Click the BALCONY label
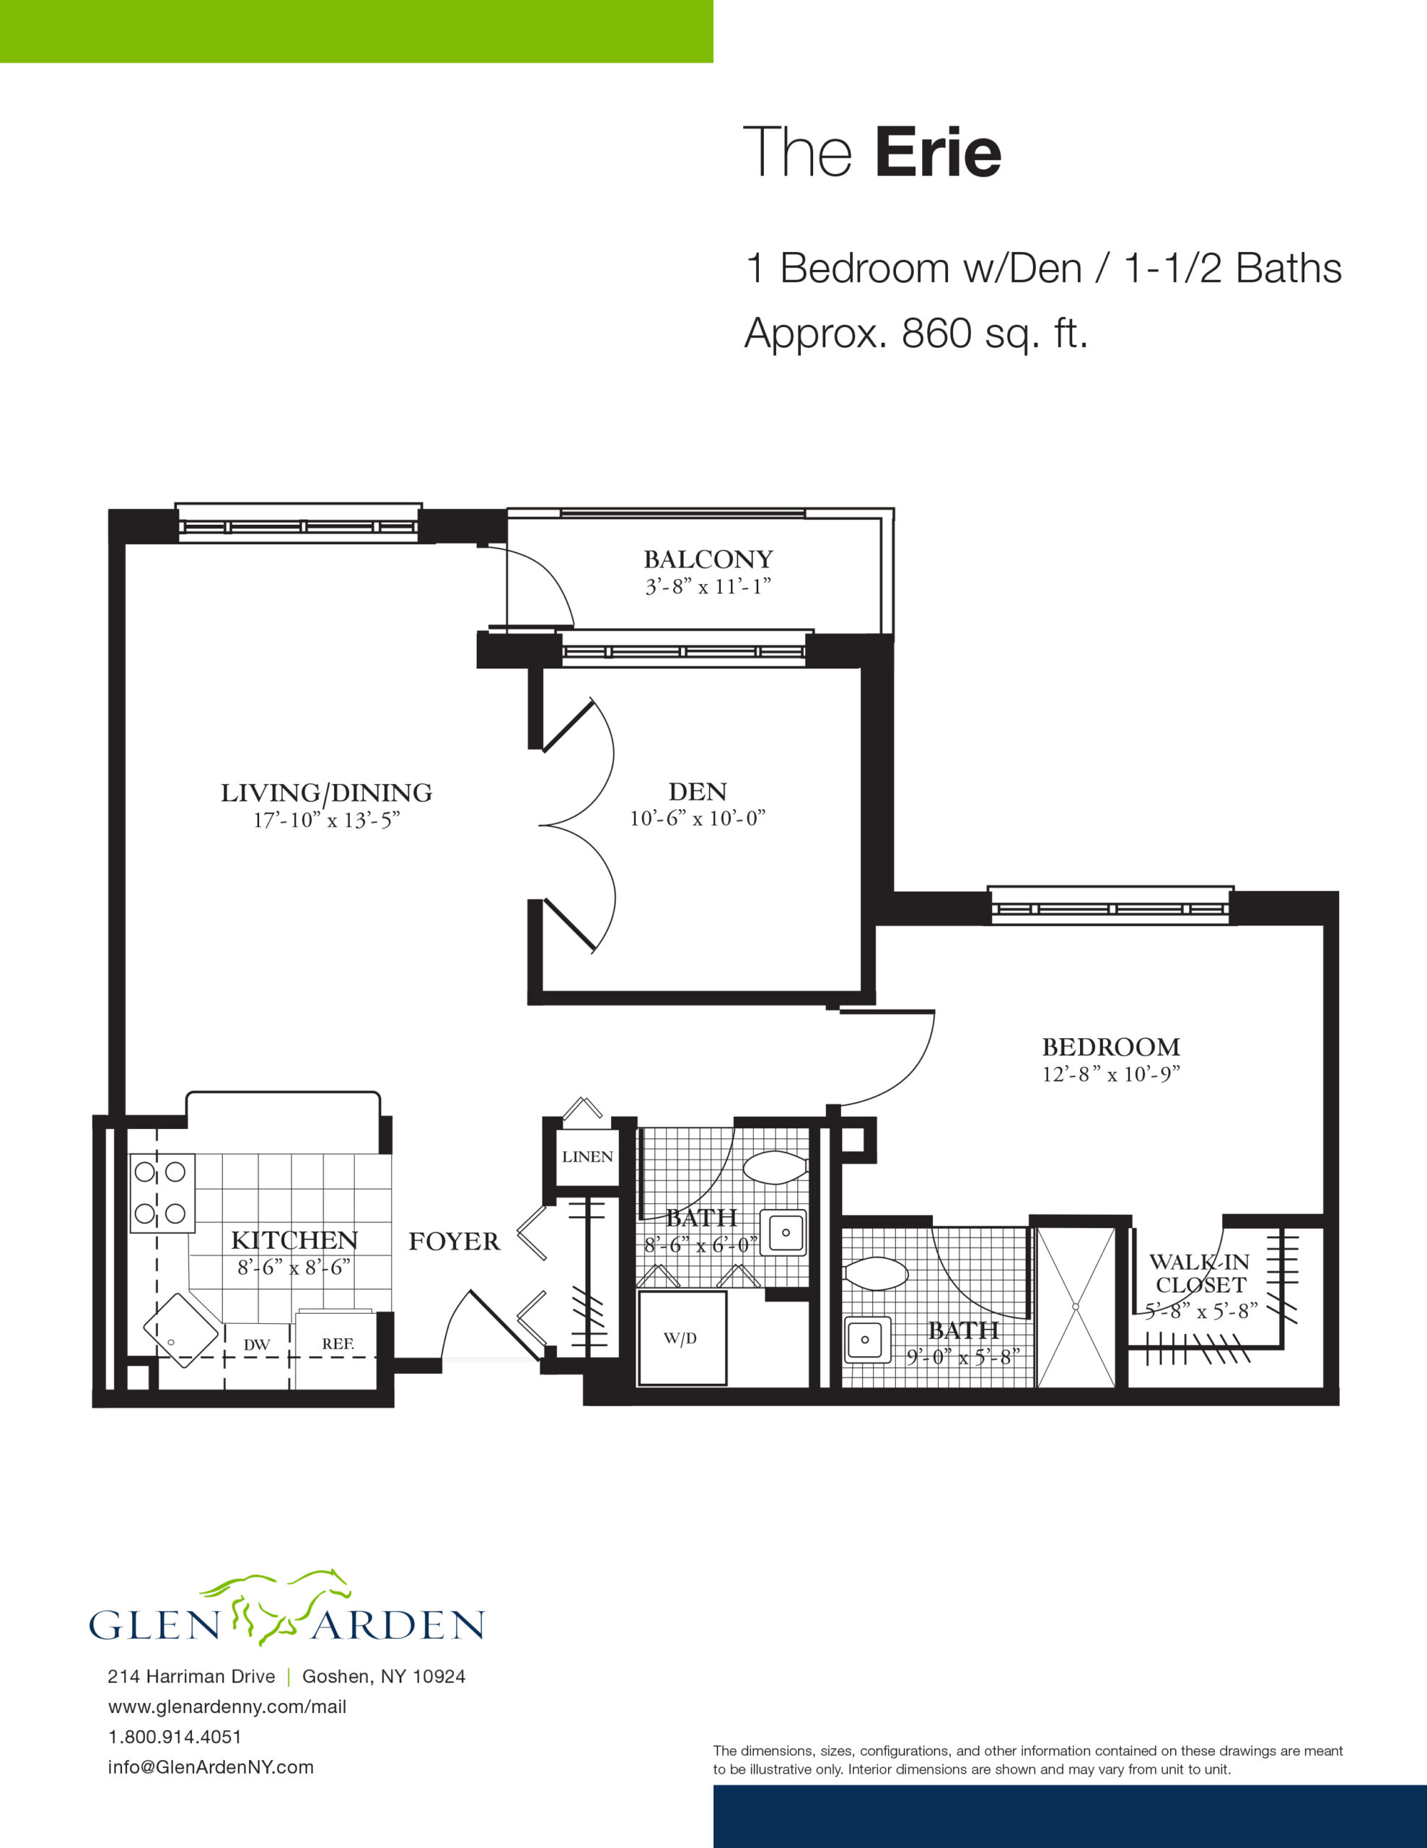click(708, 559)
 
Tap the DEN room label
click(697, 791)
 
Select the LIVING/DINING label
click(327, 793)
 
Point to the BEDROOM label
click(1110, 1047)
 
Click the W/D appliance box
click(682, 1338)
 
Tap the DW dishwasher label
click(256, 1345)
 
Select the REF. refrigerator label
click(338, 1343)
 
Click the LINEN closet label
click(587, 1156)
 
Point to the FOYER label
click(455, 1242)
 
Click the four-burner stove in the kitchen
click(162, 1193)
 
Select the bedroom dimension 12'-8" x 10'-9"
click(1110, 1073)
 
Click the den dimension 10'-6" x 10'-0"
click(697, 818)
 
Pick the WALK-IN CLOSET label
click(1200, 1273)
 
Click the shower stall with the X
click(1076, 1307)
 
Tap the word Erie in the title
click(938, 152)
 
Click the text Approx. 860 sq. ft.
click(916, 334)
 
